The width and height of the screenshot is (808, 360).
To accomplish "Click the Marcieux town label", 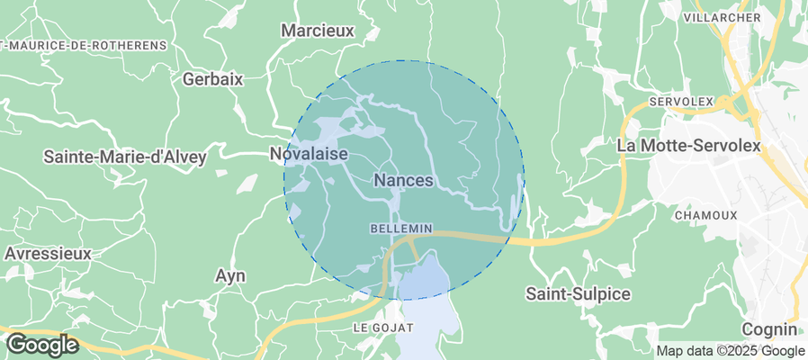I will pyautogui.click(x=318, y=31).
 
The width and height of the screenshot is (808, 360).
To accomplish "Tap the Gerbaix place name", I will pyautogui.click(x=213, y=79).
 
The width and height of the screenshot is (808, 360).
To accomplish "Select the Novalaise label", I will pyautogui.click(x=309, y=155).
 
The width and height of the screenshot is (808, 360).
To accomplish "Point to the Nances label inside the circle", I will pyautogui.click(x=403, y=181).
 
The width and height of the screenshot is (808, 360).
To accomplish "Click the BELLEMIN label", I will pyautogui.click(x=401, y=229).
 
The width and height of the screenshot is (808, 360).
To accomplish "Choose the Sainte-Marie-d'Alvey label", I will pyautogui.click(x=125, y=157).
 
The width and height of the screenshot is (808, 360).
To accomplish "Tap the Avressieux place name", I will pyautogui.click(x=48, y=254).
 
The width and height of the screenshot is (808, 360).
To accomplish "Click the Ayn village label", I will pyautogui.click(x=231, y=275).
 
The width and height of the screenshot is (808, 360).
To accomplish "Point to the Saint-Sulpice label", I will pyautogui.click(x=578, y=294).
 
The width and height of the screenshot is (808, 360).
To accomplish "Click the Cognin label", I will pyautogui.click(x=770, y=329).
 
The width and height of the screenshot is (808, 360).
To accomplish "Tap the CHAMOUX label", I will pyautogui.click(x=705, y=215).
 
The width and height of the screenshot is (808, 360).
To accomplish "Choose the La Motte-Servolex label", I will pyautogui.click(x=689, y=145).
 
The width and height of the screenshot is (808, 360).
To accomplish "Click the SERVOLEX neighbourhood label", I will pyautogui.click(x=680, y=100).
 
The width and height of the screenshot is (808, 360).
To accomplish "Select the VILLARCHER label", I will pyautogui.click(x=723, y=17).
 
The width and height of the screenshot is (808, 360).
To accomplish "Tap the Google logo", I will pyautogui.click(x=42, y=344).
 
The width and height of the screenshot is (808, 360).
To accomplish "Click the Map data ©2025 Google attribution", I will pyautogui.click(x=730, y=351).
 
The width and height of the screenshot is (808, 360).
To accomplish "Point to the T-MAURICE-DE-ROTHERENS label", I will pyautogui.click(x=85, y=45).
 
